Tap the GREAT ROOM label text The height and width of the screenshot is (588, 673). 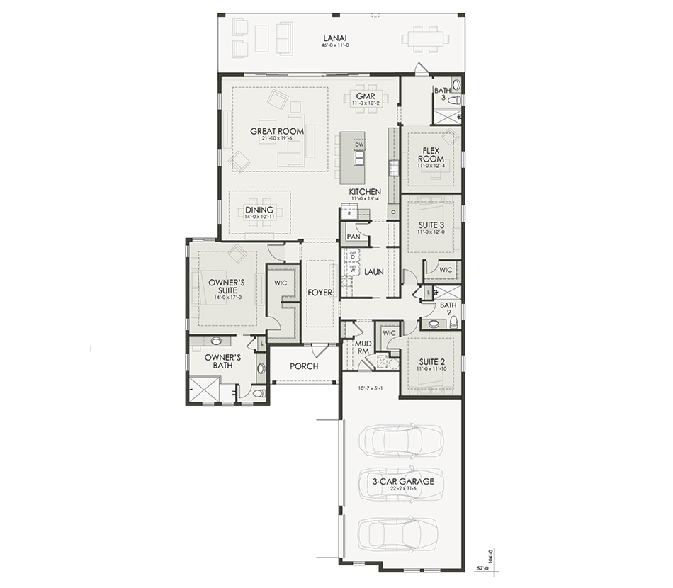pyautogui.click(x=277, y=131)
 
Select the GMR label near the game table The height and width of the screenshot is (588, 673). pyautogui.click(x=366, y=96)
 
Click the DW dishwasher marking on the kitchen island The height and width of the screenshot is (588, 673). pyautogui.click(x=359, y=145)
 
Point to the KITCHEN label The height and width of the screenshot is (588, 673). pyautogui.click(x=365, y=192)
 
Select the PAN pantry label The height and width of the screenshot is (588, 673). pyautogui.click(x=352, y=237)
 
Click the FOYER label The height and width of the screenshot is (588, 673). pyautogui.click(x=319, y=292)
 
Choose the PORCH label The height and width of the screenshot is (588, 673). pyautogui.click(x=304, y=366)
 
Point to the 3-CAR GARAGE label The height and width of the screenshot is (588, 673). pyautogui.click(x=402, y=481)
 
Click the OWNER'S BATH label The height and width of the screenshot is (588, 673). pyautogui.click(x=222, y=361)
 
